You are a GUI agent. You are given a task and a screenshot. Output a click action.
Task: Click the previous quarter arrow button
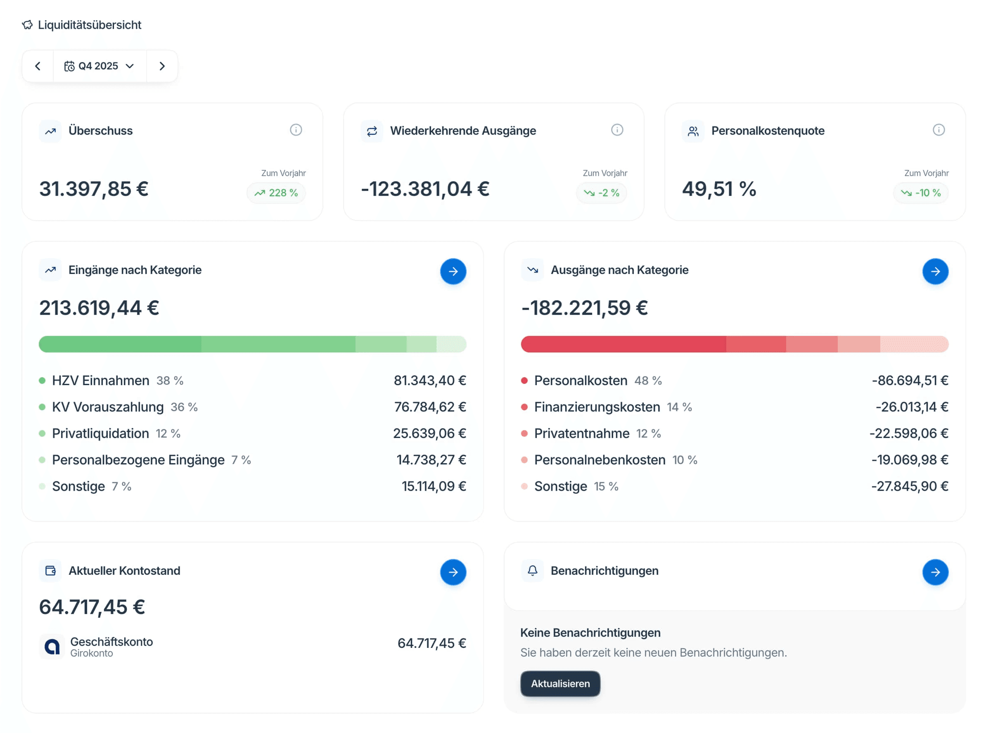point(38,66)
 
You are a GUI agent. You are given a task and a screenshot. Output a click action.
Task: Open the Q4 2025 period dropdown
point(100,66)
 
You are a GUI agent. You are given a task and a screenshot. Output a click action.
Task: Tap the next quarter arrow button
point(162,66)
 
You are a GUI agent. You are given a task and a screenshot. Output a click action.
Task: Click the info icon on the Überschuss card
point(296,130)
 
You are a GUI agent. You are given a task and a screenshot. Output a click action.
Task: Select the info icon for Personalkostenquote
point(938,130)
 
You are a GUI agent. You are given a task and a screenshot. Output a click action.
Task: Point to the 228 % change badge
point(276,193)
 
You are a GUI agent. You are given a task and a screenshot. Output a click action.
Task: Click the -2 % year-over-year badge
point(601,193)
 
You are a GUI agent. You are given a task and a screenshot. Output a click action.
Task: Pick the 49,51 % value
point(719,189)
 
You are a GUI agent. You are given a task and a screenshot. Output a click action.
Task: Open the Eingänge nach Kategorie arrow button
point(453,271)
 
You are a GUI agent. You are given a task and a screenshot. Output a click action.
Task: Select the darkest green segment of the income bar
point(120,344)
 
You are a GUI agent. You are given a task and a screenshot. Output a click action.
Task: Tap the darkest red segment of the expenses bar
point(623,344)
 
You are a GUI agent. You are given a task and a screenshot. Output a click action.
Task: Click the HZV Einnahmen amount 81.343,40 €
point(429,380)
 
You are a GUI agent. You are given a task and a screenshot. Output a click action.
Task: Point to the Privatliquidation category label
point(100,433)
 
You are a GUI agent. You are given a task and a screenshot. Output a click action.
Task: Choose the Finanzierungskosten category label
point(597,407)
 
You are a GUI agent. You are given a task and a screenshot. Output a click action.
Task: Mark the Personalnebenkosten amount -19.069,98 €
point(909,460)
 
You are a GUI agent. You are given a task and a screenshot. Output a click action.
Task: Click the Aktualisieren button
point(560,683)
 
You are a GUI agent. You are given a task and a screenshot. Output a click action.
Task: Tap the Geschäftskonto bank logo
point(52,647)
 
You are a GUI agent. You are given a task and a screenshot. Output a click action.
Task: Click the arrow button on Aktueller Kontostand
point(453,572)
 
